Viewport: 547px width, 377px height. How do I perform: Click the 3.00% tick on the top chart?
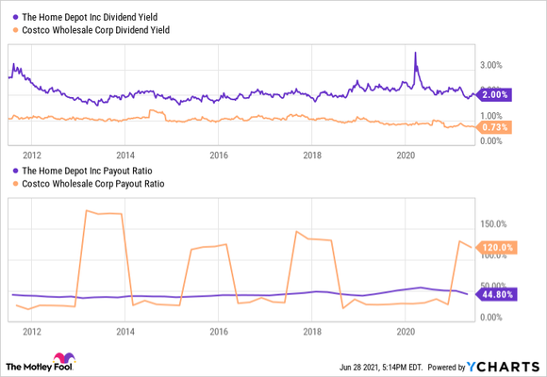pyautogui.click(x=491, y=65)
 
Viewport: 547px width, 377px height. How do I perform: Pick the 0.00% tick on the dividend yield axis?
pyautogui.click(x=491, y=140)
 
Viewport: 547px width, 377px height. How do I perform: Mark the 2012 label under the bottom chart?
pyautogui.click(x=31, y=332)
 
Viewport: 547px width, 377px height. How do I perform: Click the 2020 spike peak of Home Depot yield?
pyautogui.click(x=416, y=53)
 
